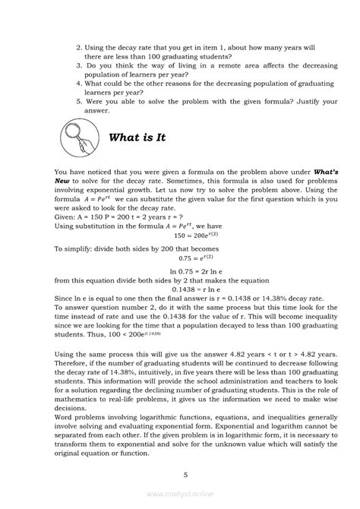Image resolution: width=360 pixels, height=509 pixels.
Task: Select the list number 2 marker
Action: coord(79,47)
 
